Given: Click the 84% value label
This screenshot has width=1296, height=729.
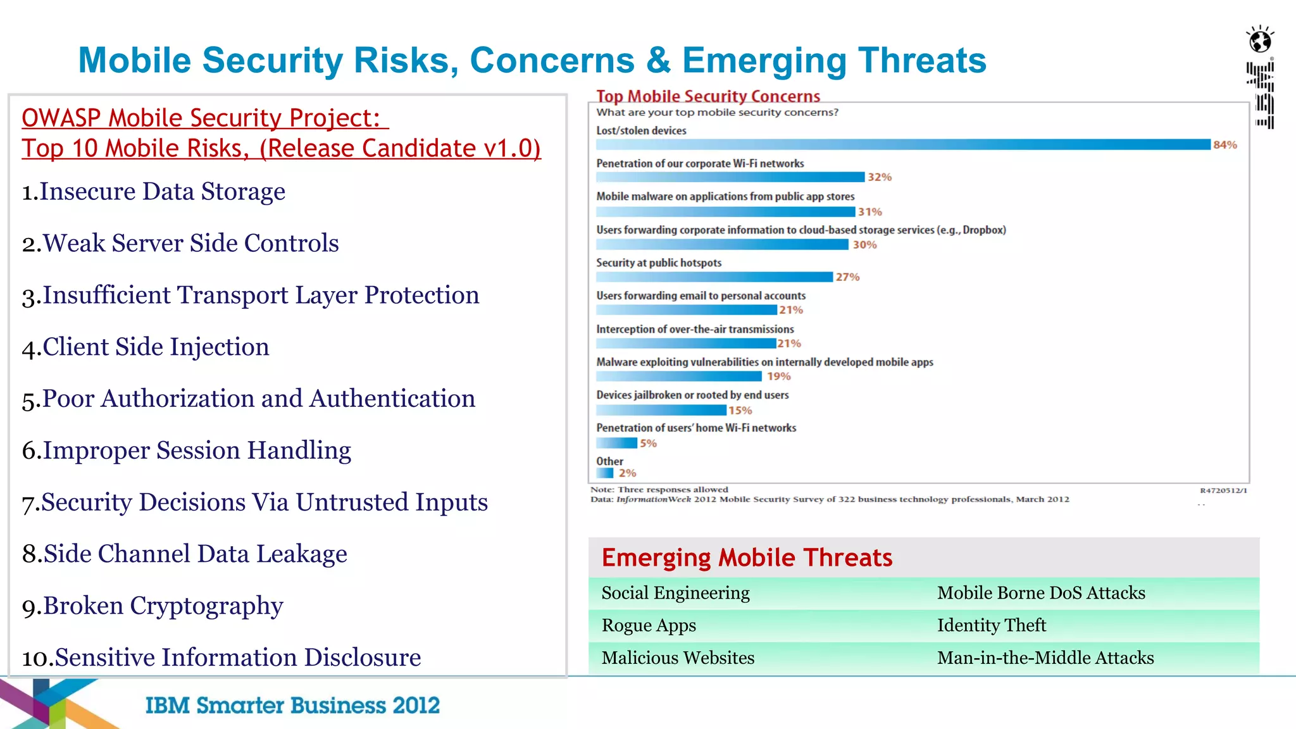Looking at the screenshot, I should [x=1224, y=145].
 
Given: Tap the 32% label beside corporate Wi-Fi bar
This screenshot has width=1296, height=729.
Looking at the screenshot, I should [x=879, y=177].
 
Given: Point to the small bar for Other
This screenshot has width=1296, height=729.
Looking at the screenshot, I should [x=605, y=473].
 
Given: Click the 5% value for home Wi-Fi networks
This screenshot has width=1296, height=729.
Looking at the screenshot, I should [x=648, y=444].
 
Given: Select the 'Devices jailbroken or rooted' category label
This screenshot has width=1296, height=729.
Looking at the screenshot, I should [x=692, y=395].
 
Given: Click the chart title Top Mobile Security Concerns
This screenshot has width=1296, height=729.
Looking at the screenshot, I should [x=707, y=96].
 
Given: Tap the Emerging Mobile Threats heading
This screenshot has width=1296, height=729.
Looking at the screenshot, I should [x=747, y=558].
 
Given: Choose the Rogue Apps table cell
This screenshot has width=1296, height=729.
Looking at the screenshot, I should [x=649, y=625].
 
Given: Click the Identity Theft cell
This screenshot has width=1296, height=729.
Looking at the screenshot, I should [x=991, y=625].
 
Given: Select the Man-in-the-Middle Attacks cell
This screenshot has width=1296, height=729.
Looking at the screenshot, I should [x=1045, y=658].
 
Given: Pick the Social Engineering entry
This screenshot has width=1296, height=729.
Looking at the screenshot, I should [x=675, y=593].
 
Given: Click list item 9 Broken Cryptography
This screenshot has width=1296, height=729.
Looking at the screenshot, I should [x=153, y=606].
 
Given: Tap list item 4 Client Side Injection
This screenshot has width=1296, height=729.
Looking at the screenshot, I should [x=146, y=347].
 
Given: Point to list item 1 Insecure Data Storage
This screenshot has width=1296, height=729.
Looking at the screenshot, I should [x=153, y=192].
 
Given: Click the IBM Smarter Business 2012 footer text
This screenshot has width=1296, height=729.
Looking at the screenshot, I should [x=292, y=705].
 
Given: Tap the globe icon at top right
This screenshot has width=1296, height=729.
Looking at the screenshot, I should [x=1260, y=40].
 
